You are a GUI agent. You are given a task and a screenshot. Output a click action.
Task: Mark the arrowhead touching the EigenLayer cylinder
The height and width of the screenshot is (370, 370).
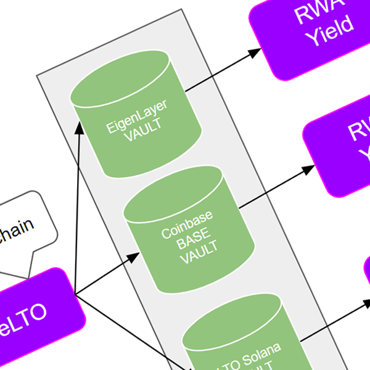[x=80, y=127]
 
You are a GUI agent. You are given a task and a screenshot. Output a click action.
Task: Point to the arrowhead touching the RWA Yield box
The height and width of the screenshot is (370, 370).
[x=253, y=54]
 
